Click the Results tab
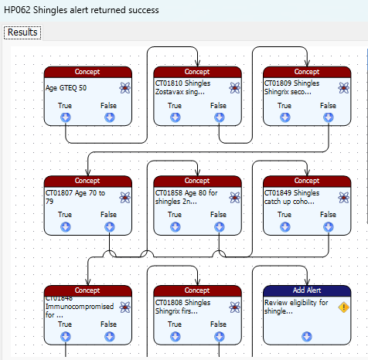tap(22, 32)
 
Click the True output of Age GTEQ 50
tap(66, 117)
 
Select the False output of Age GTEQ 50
tap(110, 117)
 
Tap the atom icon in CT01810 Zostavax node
tap(234, 88)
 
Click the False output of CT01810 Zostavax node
tap(220, 117)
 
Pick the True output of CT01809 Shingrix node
tap(285, 117)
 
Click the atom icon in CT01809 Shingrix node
tap(344, 88)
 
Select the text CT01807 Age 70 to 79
tap(75, 197)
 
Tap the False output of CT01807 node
tap(110, 227)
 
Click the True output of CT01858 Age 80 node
tap(175, 227)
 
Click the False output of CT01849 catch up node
tap(329, 227)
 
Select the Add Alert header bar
tap(307, 290)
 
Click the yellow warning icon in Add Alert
tap(344, 307)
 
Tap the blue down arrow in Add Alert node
tap(307, 337)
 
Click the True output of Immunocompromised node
tap(66, 337)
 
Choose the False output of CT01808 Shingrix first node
tap(220, 337)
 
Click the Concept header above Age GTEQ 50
tap(88, 72)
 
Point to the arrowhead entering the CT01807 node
tap(88, 172)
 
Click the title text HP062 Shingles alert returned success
tap(81, 10)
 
